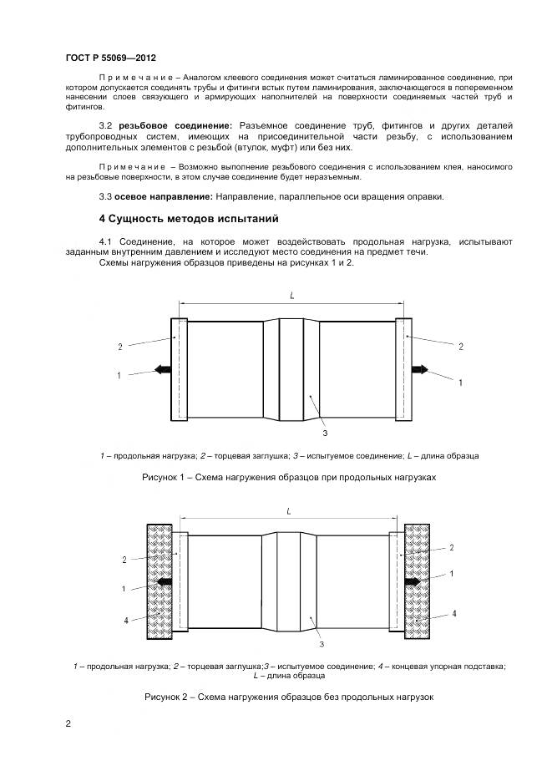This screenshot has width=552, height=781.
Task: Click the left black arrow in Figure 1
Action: tap(160, 369)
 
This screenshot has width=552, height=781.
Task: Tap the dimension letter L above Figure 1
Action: tap(291, 296)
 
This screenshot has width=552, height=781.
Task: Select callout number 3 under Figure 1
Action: tap(323, 434)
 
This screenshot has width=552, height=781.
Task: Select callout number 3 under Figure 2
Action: tap(321, 645)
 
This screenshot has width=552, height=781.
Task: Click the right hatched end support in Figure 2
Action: tap(417, 580)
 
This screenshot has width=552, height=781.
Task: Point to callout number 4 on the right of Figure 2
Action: tap(453, 614)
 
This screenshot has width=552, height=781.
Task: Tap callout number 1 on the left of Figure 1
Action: tap(119, 376)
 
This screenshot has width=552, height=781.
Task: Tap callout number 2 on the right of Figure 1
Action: tap(460, 345)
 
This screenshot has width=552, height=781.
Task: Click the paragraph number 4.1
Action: tap(108, 241)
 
